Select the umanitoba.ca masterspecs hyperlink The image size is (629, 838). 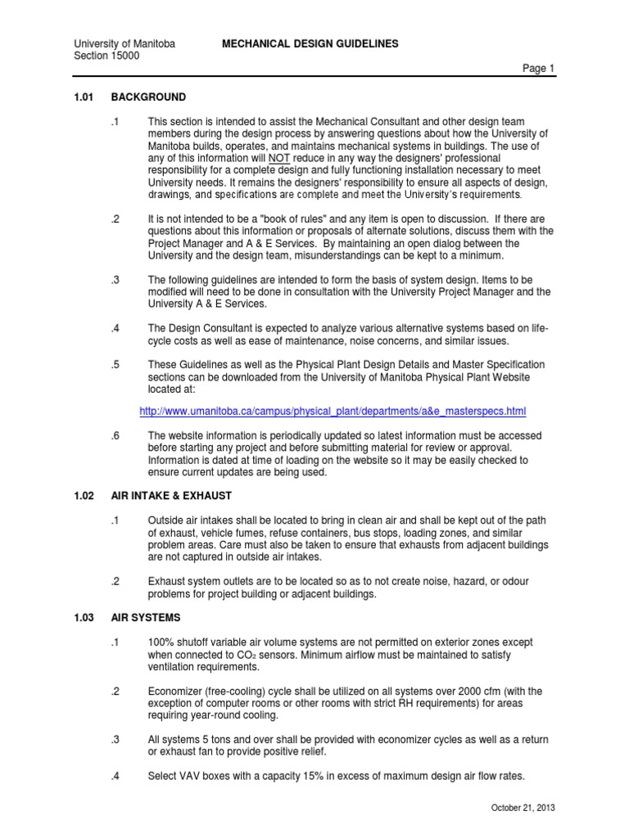point(333,411)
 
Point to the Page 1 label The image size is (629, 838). point(540,70)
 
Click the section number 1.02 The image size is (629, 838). point(86,495)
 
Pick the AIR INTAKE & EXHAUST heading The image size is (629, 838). point(190,495)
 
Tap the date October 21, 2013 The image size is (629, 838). point(523,809)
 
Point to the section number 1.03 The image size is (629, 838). point(86,615)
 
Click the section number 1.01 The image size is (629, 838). point(86,97)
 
